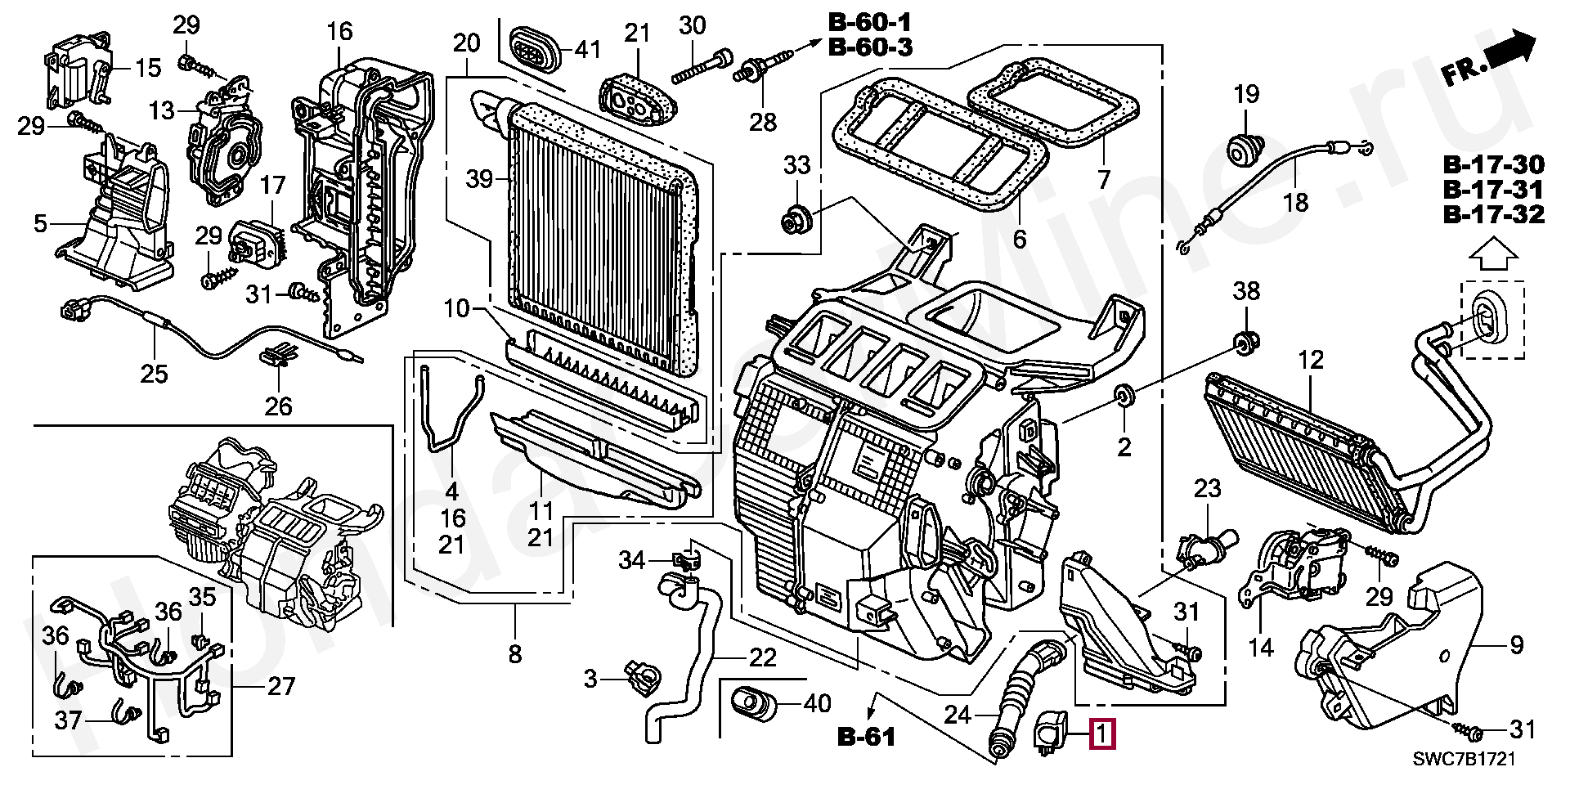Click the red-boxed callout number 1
tap(1103, 733)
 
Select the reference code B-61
tap(867, 738)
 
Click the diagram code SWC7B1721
tap(1464, 759)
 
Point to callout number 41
tap(587, 50)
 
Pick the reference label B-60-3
tap(871, 47)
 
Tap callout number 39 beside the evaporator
tap(480, 178)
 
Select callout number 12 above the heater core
tap(1311, 360)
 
